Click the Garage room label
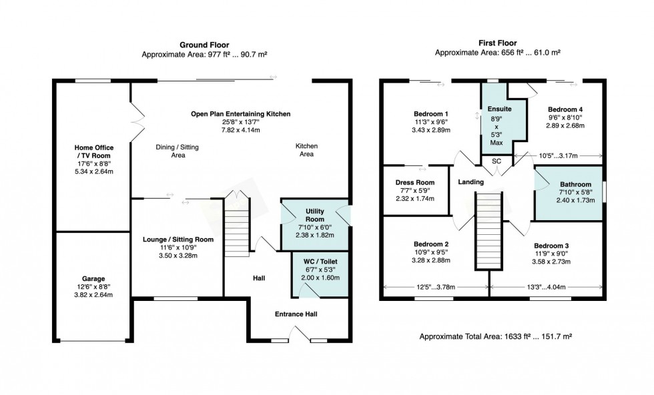(93, 279)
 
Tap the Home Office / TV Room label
(94, 151)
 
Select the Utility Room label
(315, 216)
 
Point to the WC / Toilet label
(320, 262)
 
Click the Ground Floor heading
(204, 45)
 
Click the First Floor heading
(498, 43)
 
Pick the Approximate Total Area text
(495, 336)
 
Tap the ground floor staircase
(237, 228)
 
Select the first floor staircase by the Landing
(488, 230)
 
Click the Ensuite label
(499, 109)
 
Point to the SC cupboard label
(497, 161)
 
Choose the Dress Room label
(415, 182)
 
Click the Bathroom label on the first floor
(575, 184)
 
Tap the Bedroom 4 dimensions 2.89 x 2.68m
(565, 125)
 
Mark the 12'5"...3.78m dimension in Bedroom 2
(436, 287)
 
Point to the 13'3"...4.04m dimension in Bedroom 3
(546, 287)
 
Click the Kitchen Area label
(306, 150)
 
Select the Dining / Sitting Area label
(178, 151)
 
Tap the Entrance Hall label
(296, 314)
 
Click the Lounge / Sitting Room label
(178, 240)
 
